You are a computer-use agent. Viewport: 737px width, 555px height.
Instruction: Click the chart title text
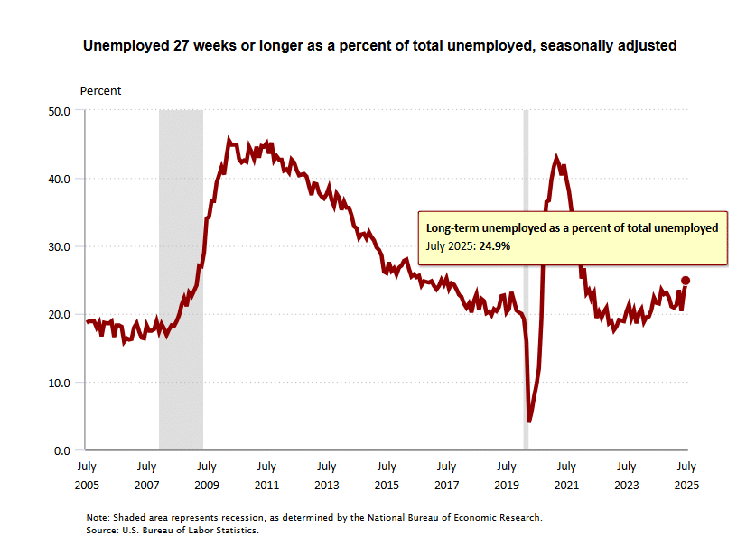click(379, 44)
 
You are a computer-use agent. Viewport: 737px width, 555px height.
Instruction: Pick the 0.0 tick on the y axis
click(63, 449)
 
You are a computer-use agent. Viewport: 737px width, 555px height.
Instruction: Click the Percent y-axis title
click(100, 90)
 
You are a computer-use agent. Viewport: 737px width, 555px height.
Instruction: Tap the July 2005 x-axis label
click(87, 475)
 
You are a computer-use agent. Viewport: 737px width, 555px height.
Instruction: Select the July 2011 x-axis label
click(266, 475)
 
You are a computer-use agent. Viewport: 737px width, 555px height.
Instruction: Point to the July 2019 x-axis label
click(507, 475)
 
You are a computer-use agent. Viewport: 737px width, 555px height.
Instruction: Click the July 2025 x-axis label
click(686, 475)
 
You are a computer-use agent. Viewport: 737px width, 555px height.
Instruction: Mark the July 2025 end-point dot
click(686, 281)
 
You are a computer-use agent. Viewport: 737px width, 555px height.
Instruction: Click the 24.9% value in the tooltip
click(496, 245)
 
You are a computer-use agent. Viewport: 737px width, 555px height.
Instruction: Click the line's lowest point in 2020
click(529, 421)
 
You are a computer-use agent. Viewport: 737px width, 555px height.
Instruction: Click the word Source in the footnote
click(105, 530)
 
